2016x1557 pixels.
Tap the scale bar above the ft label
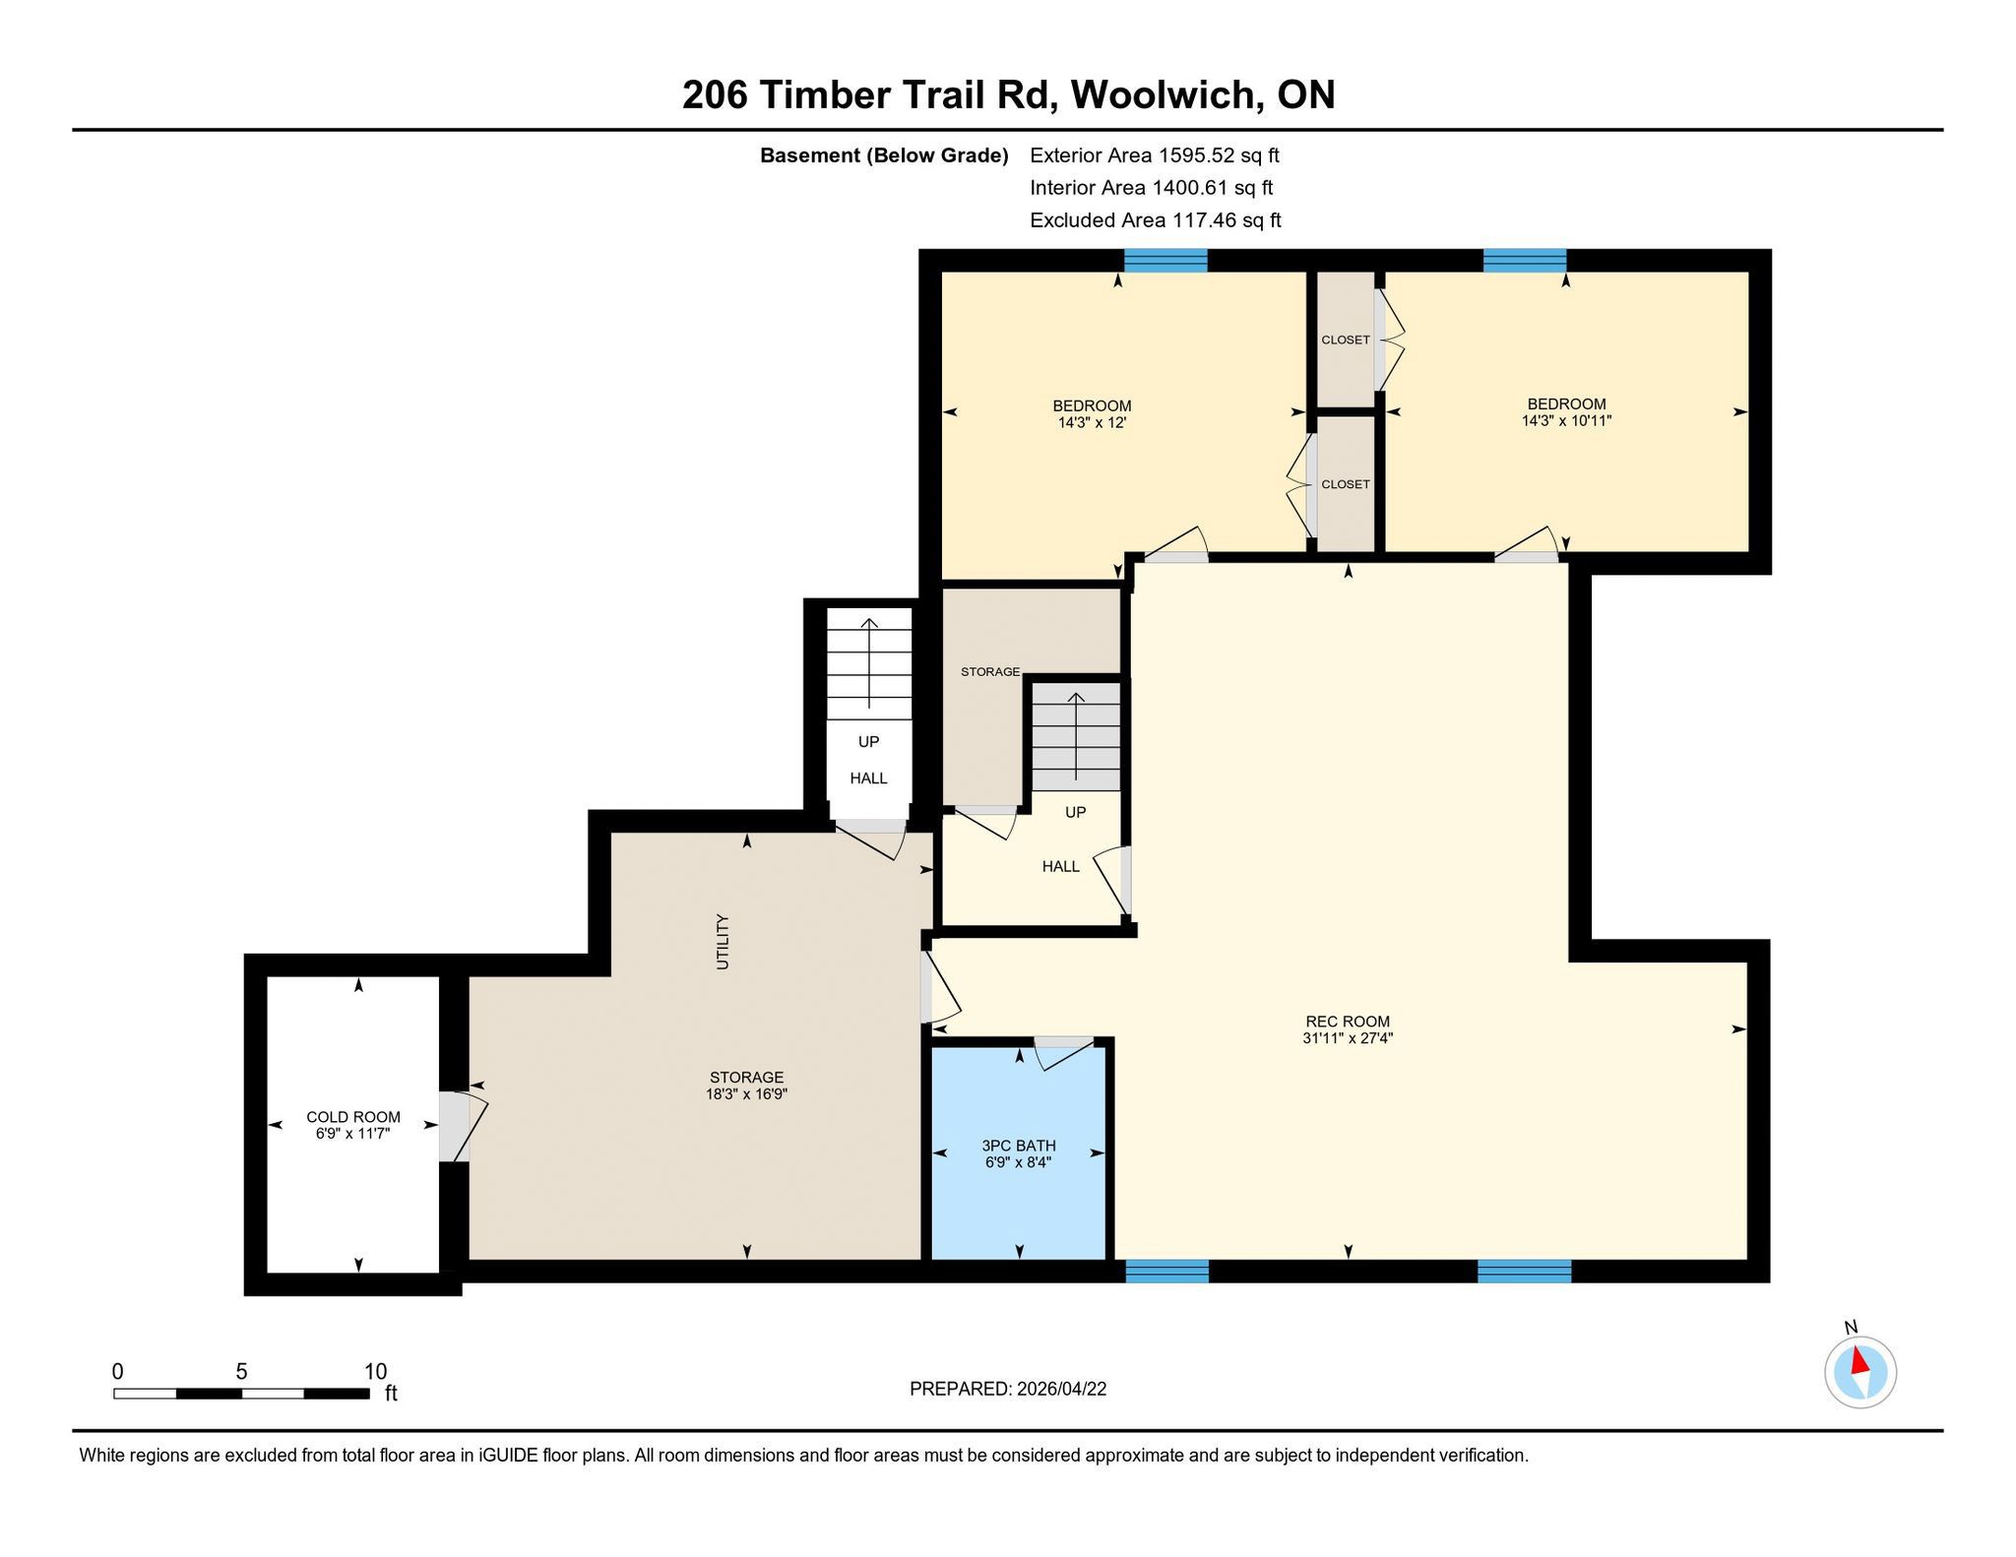click(241, 1393)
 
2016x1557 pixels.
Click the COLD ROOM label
click(353, 1117)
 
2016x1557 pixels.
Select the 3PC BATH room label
click(1019, 1146)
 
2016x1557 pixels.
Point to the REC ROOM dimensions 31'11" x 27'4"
click(1348, 1037)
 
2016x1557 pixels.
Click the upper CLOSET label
click(1346, 340)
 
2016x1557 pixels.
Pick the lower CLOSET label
click(1346, 484)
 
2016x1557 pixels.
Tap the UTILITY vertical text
click(724, 942)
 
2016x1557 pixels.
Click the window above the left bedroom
click(1165, 260)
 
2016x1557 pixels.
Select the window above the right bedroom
click(1525, 260)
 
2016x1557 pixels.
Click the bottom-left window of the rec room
click(1166, 1272)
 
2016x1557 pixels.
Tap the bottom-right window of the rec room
click(1524, 1272)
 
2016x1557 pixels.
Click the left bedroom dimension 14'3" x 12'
click(1092, 422)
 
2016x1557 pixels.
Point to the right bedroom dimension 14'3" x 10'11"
click(1566, 420)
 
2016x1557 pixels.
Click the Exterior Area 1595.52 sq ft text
click(1155, 156)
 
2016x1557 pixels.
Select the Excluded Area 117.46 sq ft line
click(1156, 220)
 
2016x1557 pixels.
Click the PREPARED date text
click(1008, 1389)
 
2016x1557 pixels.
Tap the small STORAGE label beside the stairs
click(990, 671)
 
